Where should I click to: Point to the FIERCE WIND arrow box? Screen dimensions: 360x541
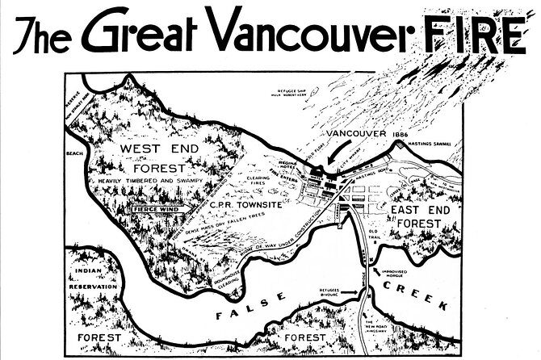coord(154,208)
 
